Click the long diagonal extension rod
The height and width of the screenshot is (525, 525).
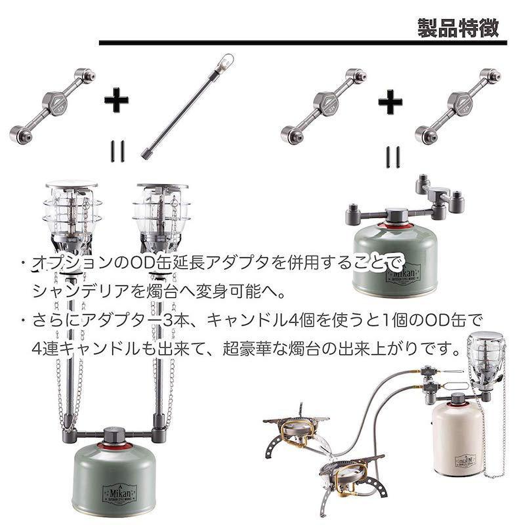[186, 106]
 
